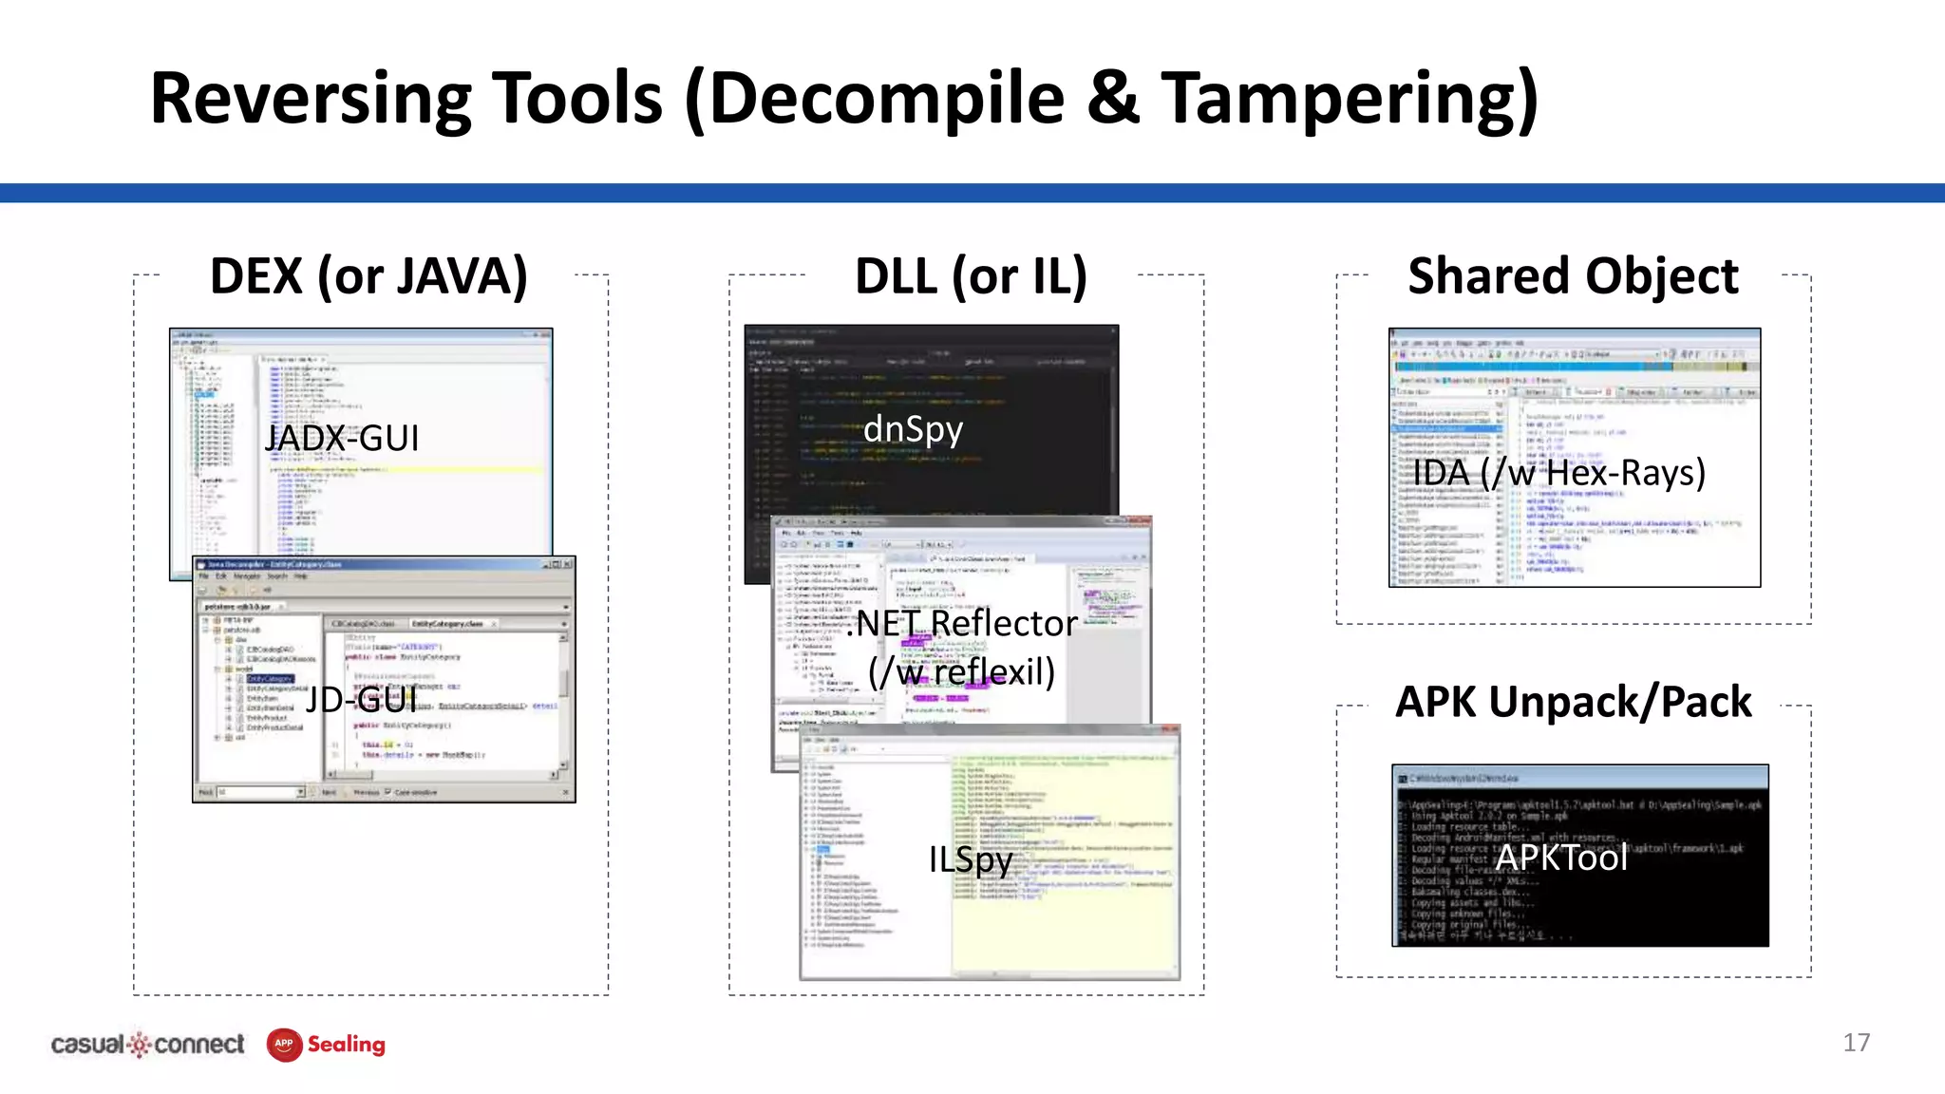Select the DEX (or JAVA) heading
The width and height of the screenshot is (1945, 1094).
pos(368,276)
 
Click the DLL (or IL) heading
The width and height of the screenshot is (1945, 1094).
pos(971,276)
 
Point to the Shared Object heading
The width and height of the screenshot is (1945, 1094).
pos(1573,276)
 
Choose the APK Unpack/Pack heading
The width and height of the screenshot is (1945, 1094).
pos(1573,703)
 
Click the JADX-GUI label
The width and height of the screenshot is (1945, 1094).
pos(342,438)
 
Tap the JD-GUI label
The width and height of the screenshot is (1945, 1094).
pos(361,700)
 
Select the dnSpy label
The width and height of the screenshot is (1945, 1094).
pos(913,429)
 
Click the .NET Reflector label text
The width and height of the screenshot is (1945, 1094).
pos(963,624)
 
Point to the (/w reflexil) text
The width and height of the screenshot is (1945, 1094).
pos(961,672)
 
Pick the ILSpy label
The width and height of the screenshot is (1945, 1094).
pos(970,859)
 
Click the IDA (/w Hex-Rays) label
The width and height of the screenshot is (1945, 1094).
pos(1558,472)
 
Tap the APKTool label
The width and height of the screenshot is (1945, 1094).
pos(1561,858)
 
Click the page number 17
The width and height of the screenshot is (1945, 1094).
pos(1856,1043)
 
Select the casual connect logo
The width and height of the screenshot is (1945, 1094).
pos(147,1045)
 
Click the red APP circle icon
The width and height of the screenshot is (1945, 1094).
pos(284,1045)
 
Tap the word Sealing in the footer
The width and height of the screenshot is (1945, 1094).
pos(347,1045)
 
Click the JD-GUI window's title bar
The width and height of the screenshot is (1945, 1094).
pos(380,564)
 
